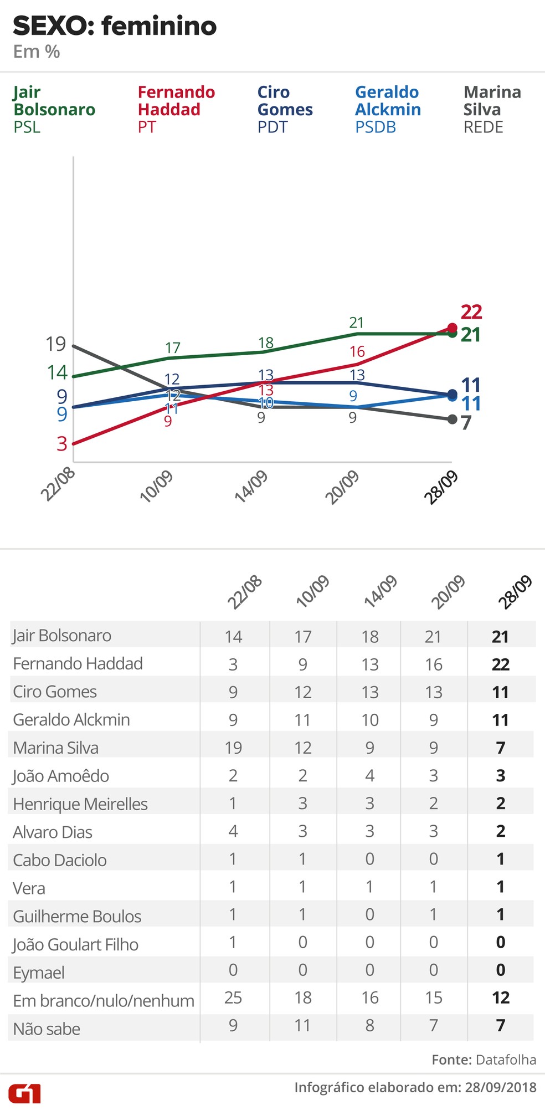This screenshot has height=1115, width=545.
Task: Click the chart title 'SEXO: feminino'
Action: (115, 26)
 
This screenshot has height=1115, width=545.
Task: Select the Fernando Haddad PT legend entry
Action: (176, 109)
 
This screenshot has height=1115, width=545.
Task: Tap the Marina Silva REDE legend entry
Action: (492, 109)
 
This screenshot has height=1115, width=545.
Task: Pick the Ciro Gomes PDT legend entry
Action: (285, 109)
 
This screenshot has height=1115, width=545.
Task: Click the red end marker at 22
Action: (452, 328)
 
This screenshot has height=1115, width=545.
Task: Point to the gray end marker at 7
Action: (452, 420)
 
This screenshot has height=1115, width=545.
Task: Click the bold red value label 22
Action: (471, 312)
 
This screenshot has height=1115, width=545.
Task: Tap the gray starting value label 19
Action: (55, 344)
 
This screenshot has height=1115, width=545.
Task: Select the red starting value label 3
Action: (61, 444)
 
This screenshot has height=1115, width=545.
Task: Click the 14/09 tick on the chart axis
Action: (251, 487)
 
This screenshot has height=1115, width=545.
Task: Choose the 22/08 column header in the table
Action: (244, 592)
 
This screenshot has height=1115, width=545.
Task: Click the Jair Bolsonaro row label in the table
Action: (62, 636)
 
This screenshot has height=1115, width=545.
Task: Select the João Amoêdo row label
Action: (61, 776)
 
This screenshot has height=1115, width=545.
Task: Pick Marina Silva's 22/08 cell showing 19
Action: (233, 748)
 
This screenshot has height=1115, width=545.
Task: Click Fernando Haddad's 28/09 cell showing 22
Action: (500, 664)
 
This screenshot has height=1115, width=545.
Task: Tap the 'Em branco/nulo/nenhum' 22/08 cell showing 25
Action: (233, 998)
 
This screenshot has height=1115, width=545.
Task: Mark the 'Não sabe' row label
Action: (47, 1029)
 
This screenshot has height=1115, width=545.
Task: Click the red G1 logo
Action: (24, 1093)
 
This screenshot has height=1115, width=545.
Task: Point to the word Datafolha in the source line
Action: (506, 1060)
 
